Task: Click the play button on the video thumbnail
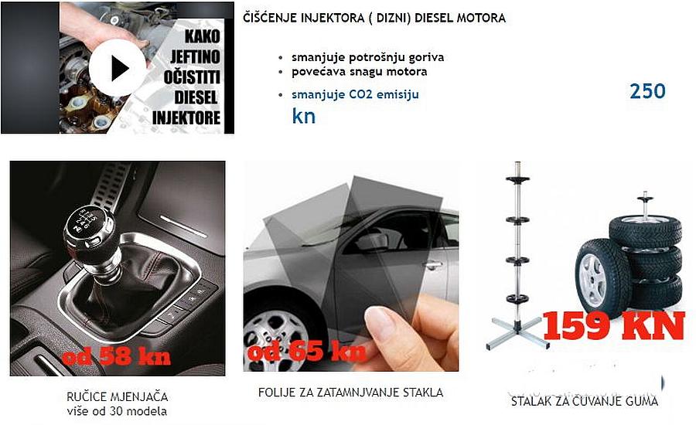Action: pos(118,68)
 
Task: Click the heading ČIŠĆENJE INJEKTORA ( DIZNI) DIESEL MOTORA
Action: pos(374,19)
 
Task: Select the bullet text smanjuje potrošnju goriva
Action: pos(367,58)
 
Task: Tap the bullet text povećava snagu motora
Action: pos(359,71)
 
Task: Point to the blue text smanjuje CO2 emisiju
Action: pos(355,94)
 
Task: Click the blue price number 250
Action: pos(647,91)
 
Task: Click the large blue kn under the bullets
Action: pos(304,116)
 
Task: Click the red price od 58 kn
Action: pos(116,355)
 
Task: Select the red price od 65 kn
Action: pos(307,351)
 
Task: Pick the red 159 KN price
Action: pos(613,325)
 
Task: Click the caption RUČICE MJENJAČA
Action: pos(118,396)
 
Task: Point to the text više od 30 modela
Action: pos(117,411)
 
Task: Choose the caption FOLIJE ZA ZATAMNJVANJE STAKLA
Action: pos(350,393)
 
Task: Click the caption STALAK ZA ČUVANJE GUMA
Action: pos(584,402)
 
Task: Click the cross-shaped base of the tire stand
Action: pos(518,332)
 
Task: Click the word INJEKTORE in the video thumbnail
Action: pos(186,118)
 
